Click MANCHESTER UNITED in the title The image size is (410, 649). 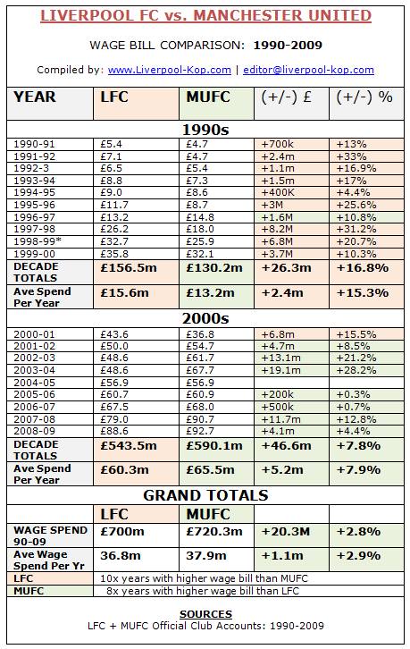click(x=283, y=15)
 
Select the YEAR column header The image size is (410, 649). click(x=35, y=97)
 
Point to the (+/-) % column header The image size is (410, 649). click(x=364, y=97)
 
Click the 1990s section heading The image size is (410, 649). click(x=205, y=129)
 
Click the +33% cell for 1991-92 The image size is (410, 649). click(x=349, y=155)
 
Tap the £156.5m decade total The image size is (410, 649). click(x=128, y=265)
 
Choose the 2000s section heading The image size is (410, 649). click(x=205, y=318)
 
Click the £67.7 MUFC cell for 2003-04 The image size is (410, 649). click(x=200, y=370)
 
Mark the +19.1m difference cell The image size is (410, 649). click(x=280, y=370)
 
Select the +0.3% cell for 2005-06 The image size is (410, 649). click(x=353, y=394)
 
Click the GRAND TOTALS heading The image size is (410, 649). click(x=205, y=494)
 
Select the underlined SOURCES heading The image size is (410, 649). click(x=205, y=614)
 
